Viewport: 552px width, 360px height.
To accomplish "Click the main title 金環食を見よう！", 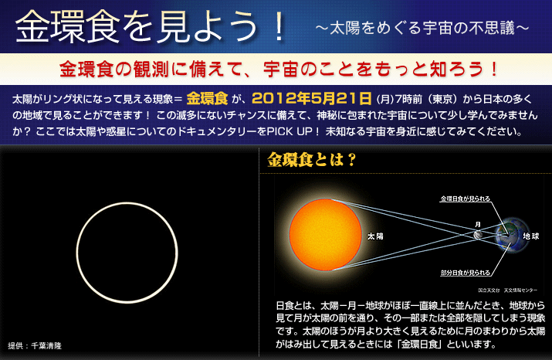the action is click(x=150, y=27).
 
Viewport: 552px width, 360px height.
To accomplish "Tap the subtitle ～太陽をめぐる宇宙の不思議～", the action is click(x=422, y=29).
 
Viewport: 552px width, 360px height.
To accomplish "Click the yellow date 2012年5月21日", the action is click(x=312, y=98).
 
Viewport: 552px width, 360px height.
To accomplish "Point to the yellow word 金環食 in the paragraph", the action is click(x=208, y=99).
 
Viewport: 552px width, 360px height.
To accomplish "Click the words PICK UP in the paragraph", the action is click(x=290, y=131).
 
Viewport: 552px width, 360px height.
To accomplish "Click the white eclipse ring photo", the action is click(x=127, y=203).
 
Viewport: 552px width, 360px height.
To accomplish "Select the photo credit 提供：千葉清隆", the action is click(x=35, y=345).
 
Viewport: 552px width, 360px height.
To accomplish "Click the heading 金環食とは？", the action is click(x=312, y=160).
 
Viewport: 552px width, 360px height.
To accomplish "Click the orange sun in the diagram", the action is click(x=325, y=235).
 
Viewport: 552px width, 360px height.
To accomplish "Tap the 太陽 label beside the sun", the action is click(x=375, y=236).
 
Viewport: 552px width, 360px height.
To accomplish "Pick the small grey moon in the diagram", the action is click(x=477, y=234).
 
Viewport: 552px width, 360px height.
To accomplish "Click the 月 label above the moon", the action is click(x=478, y=224).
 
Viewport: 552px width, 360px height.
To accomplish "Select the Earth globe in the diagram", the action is click(x=512, y=235).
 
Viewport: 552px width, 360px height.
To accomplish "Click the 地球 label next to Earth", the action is click(x=531, y=236).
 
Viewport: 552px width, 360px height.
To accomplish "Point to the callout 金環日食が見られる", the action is click(x=466, y=199).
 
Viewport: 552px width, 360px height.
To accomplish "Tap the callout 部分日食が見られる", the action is click(x=466, y=273).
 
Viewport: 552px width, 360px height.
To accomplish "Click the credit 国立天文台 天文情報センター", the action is click(x=508, y=290).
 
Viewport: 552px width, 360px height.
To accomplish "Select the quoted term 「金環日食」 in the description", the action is click(x=420, y=344).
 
